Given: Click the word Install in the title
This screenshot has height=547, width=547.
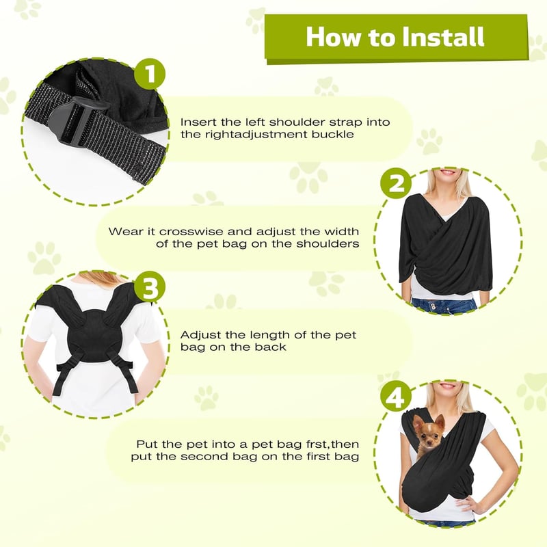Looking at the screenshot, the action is point(443,37).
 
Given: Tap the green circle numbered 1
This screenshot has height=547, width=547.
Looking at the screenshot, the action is point(150,74).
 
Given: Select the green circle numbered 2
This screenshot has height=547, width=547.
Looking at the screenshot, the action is point(396,183).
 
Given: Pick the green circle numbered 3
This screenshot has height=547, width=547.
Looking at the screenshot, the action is point(150,286).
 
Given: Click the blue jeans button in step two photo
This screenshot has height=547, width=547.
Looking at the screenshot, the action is point(433,306).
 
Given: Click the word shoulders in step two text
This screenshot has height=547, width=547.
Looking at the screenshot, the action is point(328,243).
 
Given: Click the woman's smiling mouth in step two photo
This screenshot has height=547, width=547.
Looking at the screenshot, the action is point(448,172).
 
